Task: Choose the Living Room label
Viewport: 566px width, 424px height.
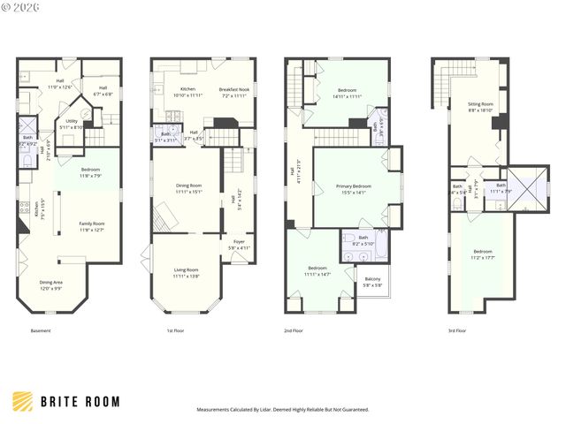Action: point(186,272)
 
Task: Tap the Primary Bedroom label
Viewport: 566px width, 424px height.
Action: point(353,189)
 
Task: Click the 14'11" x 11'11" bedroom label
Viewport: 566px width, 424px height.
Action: point(348,94)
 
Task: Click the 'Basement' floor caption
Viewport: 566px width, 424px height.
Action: point(41,330)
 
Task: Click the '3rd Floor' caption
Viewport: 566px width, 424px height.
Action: point(457,330)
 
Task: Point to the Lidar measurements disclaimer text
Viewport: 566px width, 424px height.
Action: point(282,410)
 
